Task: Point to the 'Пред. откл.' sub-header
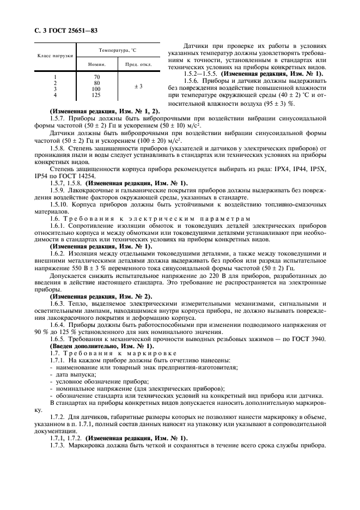coord(139,64)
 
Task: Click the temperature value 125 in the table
coord(96,95)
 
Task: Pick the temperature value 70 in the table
coord(97,77)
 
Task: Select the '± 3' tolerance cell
coord(138,86)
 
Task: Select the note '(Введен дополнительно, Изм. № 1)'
coord(102,346)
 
